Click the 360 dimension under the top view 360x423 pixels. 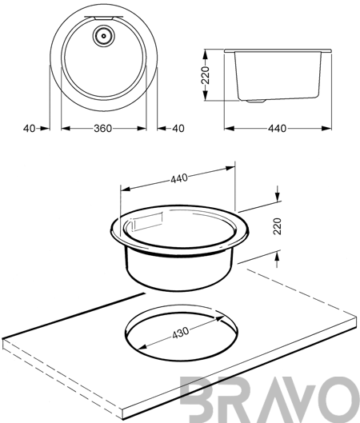coord(102,129)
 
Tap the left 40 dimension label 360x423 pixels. coord(29,129)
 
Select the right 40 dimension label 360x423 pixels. coord(178,129)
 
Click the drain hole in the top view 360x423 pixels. coord(104,36)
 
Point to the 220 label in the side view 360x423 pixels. coord(206,75)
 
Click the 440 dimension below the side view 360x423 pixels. coord(277,129)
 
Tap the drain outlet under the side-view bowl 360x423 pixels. coord(256,102)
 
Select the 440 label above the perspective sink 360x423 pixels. coord(179,178)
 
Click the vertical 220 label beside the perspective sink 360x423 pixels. coord(278,226)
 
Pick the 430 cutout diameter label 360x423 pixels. coord(181,333)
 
